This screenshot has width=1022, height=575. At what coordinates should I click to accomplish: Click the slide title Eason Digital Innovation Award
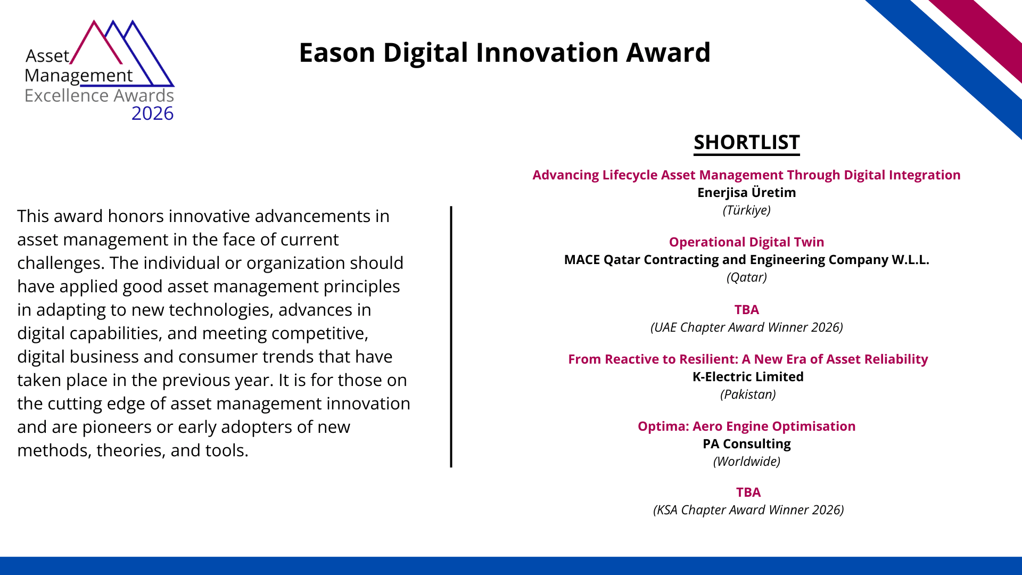tap(505, 53)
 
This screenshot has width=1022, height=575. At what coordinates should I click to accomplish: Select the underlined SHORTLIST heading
tap(746, 143)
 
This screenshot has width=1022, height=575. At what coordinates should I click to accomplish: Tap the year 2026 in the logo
tap(152, 113)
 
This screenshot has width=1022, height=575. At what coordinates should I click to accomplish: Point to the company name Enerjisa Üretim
tap(746, 192)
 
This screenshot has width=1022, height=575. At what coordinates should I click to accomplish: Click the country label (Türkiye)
tap(746, 210)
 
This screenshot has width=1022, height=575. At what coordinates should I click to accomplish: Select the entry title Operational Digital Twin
tap(746, 242)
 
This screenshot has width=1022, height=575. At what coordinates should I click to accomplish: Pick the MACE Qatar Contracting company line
tap(746, 260)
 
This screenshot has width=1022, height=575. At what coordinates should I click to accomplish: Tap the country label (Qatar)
tap(746, 277)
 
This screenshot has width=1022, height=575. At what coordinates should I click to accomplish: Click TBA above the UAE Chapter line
tap(746, 310)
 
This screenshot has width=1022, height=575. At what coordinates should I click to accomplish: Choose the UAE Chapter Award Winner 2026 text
tap(746, 327)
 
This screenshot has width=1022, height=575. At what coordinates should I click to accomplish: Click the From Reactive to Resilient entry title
tap(748, 359)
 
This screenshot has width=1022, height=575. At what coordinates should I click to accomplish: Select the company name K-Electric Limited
tap(748, 377)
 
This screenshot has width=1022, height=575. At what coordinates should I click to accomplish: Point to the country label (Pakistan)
tap(748, 395)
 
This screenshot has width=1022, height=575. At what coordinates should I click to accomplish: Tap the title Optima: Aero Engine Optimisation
tap(746, 426)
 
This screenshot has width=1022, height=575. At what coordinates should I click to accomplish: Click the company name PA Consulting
tap(746, 444)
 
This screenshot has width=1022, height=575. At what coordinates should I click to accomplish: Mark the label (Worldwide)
tap(746, 462)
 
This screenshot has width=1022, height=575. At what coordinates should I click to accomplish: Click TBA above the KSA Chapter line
tap(748, 492)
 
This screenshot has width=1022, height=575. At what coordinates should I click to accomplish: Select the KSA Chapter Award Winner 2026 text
tap(748, 510)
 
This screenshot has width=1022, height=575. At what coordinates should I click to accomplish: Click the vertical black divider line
tap(451, 337)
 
